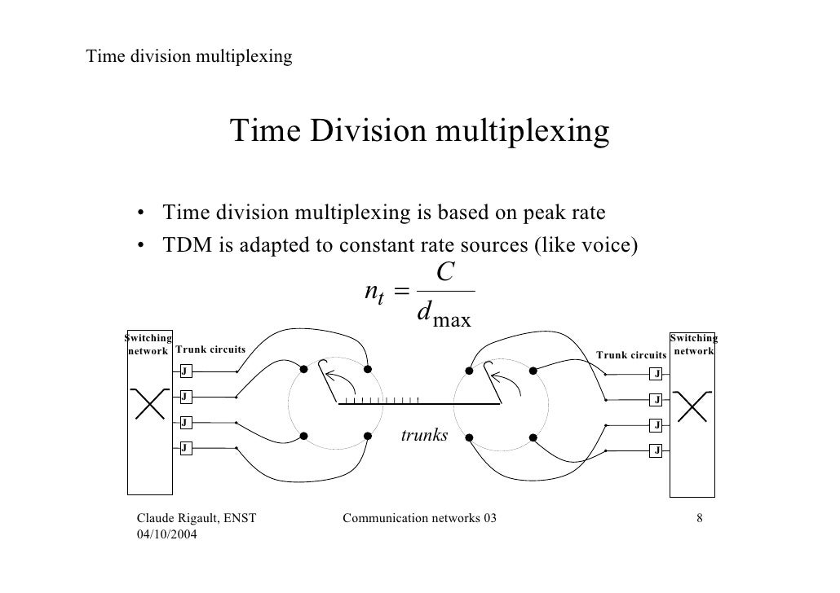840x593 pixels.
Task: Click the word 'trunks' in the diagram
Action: pos(424,436)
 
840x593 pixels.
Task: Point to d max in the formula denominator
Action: pos(443,314)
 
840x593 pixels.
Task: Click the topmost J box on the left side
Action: pos(185,371)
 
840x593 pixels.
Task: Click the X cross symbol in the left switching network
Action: pos(148,402)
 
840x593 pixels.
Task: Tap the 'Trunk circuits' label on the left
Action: pos(210,349)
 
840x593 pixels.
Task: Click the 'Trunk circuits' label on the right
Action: pos(631,355)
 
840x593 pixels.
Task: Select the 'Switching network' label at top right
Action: pos(692,345)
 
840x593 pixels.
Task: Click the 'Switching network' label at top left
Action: pos(148,345)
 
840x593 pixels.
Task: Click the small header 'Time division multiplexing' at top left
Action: pos(189,57)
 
